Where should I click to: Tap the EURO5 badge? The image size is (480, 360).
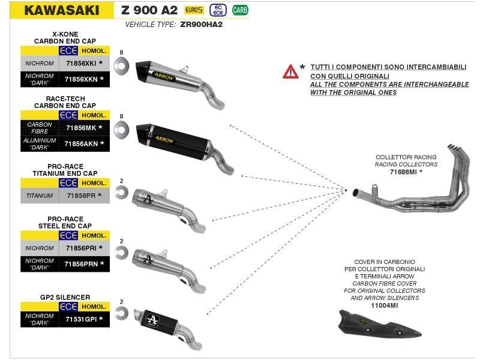(194, 10)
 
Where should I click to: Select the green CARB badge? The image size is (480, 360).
(240, 10)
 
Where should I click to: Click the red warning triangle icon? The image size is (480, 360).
(290, 72)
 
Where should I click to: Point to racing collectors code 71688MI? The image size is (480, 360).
(405, 172)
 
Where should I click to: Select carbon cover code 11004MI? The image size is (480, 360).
(384, 305)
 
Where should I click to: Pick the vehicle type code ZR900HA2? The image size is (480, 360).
(201, 25)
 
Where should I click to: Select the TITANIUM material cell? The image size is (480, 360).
(40, 196)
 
